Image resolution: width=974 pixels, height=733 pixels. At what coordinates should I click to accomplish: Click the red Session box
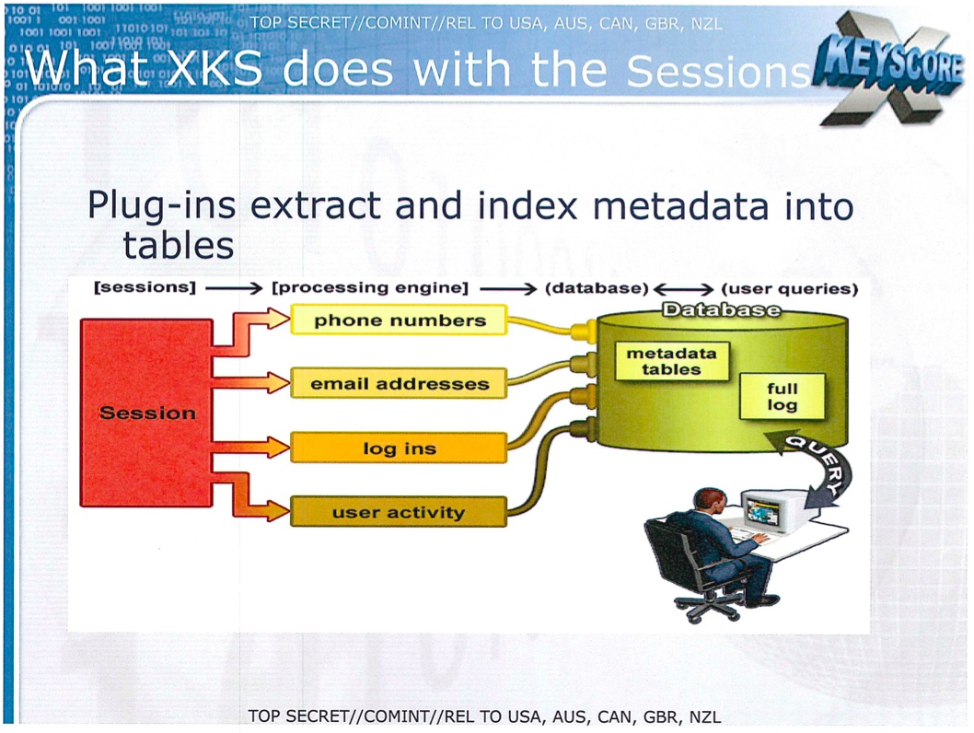point(146,413)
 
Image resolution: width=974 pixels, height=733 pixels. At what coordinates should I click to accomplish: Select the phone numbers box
point(399,320)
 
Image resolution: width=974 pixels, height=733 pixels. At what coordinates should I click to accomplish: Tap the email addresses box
point(399,383)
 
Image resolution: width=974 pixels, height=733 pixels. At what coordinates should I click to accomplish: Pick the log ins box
point(399,448)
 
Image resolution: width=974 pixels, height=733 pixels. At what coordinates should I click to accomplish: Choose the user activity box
point(399,512)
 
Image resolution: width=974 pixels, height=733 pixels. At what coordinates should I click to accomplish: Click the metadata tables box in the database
point(671,361)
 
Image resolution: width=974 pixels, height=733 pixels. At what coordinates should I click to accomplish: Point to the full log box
point(783,396)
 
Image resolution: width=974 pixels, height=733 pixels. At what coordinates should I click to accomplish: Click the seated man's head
point(709,502)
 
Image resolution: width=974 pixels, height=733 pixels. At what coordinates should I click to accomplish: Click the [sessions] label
point(145,287)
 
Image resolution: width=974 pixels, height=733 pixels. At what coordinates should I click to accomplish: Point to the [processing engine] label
point(370,287)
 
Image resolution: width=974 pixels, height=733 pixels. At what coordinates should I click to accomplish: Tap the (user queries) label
point(790,289)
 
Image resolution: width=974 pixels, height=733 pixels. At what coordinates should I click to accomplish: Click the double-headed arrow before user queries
point(684,289)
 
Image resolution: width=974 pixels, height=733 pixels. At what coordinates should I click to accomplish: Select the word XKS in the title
point(215,68)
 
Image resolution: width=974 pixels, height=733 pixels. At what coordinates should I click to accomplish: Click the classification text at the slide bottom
point(484,716)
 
